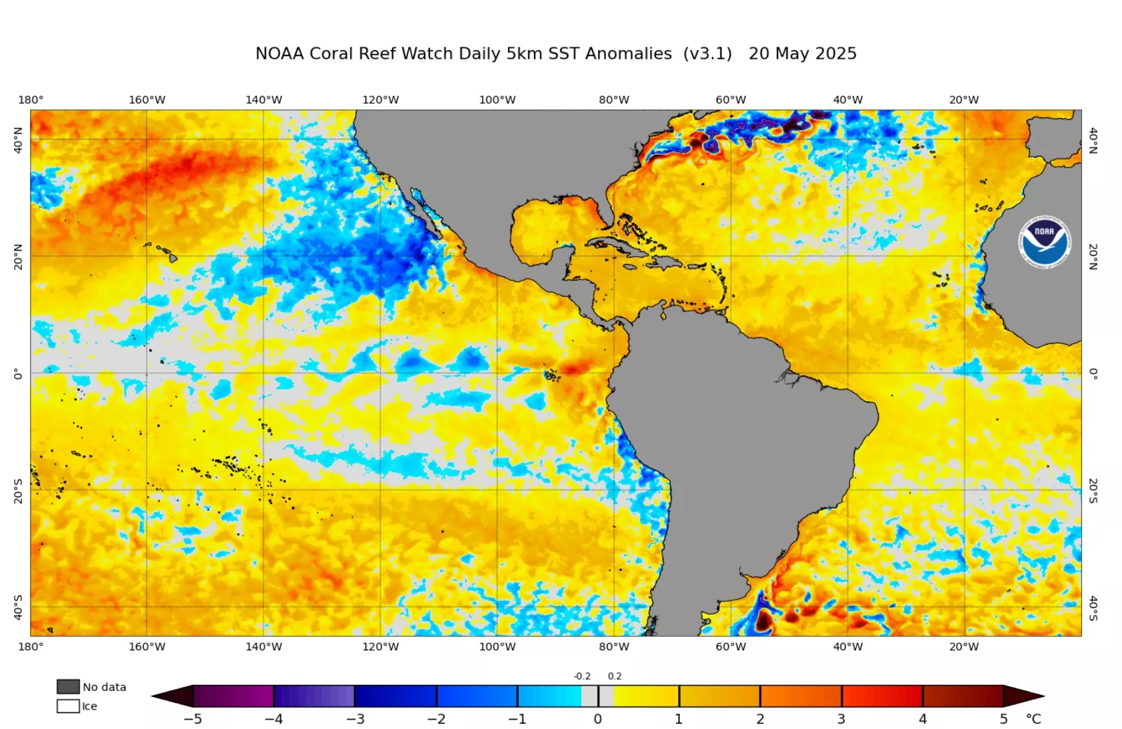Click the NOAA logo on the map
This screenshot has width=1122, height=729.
pos(1044,241)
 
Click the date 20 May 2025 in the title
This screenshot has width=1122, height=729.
pos(802,54)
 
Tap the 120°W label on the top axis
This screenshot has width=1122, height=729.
pos(380,100)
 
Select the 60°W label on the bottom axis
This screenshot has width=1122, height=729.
pos(731,646)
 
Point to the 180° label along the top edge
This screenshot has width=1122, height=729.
pos(31,100)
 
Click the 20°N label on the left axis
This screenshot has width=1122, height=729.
pos(18,256)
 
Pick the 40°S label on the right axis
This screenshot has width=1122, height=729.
pos(1093,608)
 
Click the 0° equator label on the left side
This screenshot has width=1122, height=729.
pos(18,374)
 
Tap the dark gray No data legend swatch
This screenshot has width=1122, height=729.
pos(68,686)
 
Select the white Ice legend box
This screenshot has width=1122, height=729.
pos(68,706)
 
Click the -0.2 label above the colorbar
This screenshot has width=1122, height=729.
pos(582,676)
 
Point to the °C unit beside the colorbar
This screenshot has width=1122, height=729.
pos(1033,719)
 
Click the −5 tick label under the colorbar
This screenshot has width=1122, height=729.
pos(193,719)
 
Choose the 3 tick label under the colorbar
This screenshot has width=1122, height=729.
pos(841,719)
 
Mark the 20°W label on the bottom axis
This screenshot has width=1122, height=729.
pos(964,646)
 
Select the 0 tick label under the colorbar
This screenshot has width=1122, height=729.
pos(598,719)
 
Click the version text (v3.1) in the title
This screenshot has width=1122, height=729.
pos(707,54)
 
